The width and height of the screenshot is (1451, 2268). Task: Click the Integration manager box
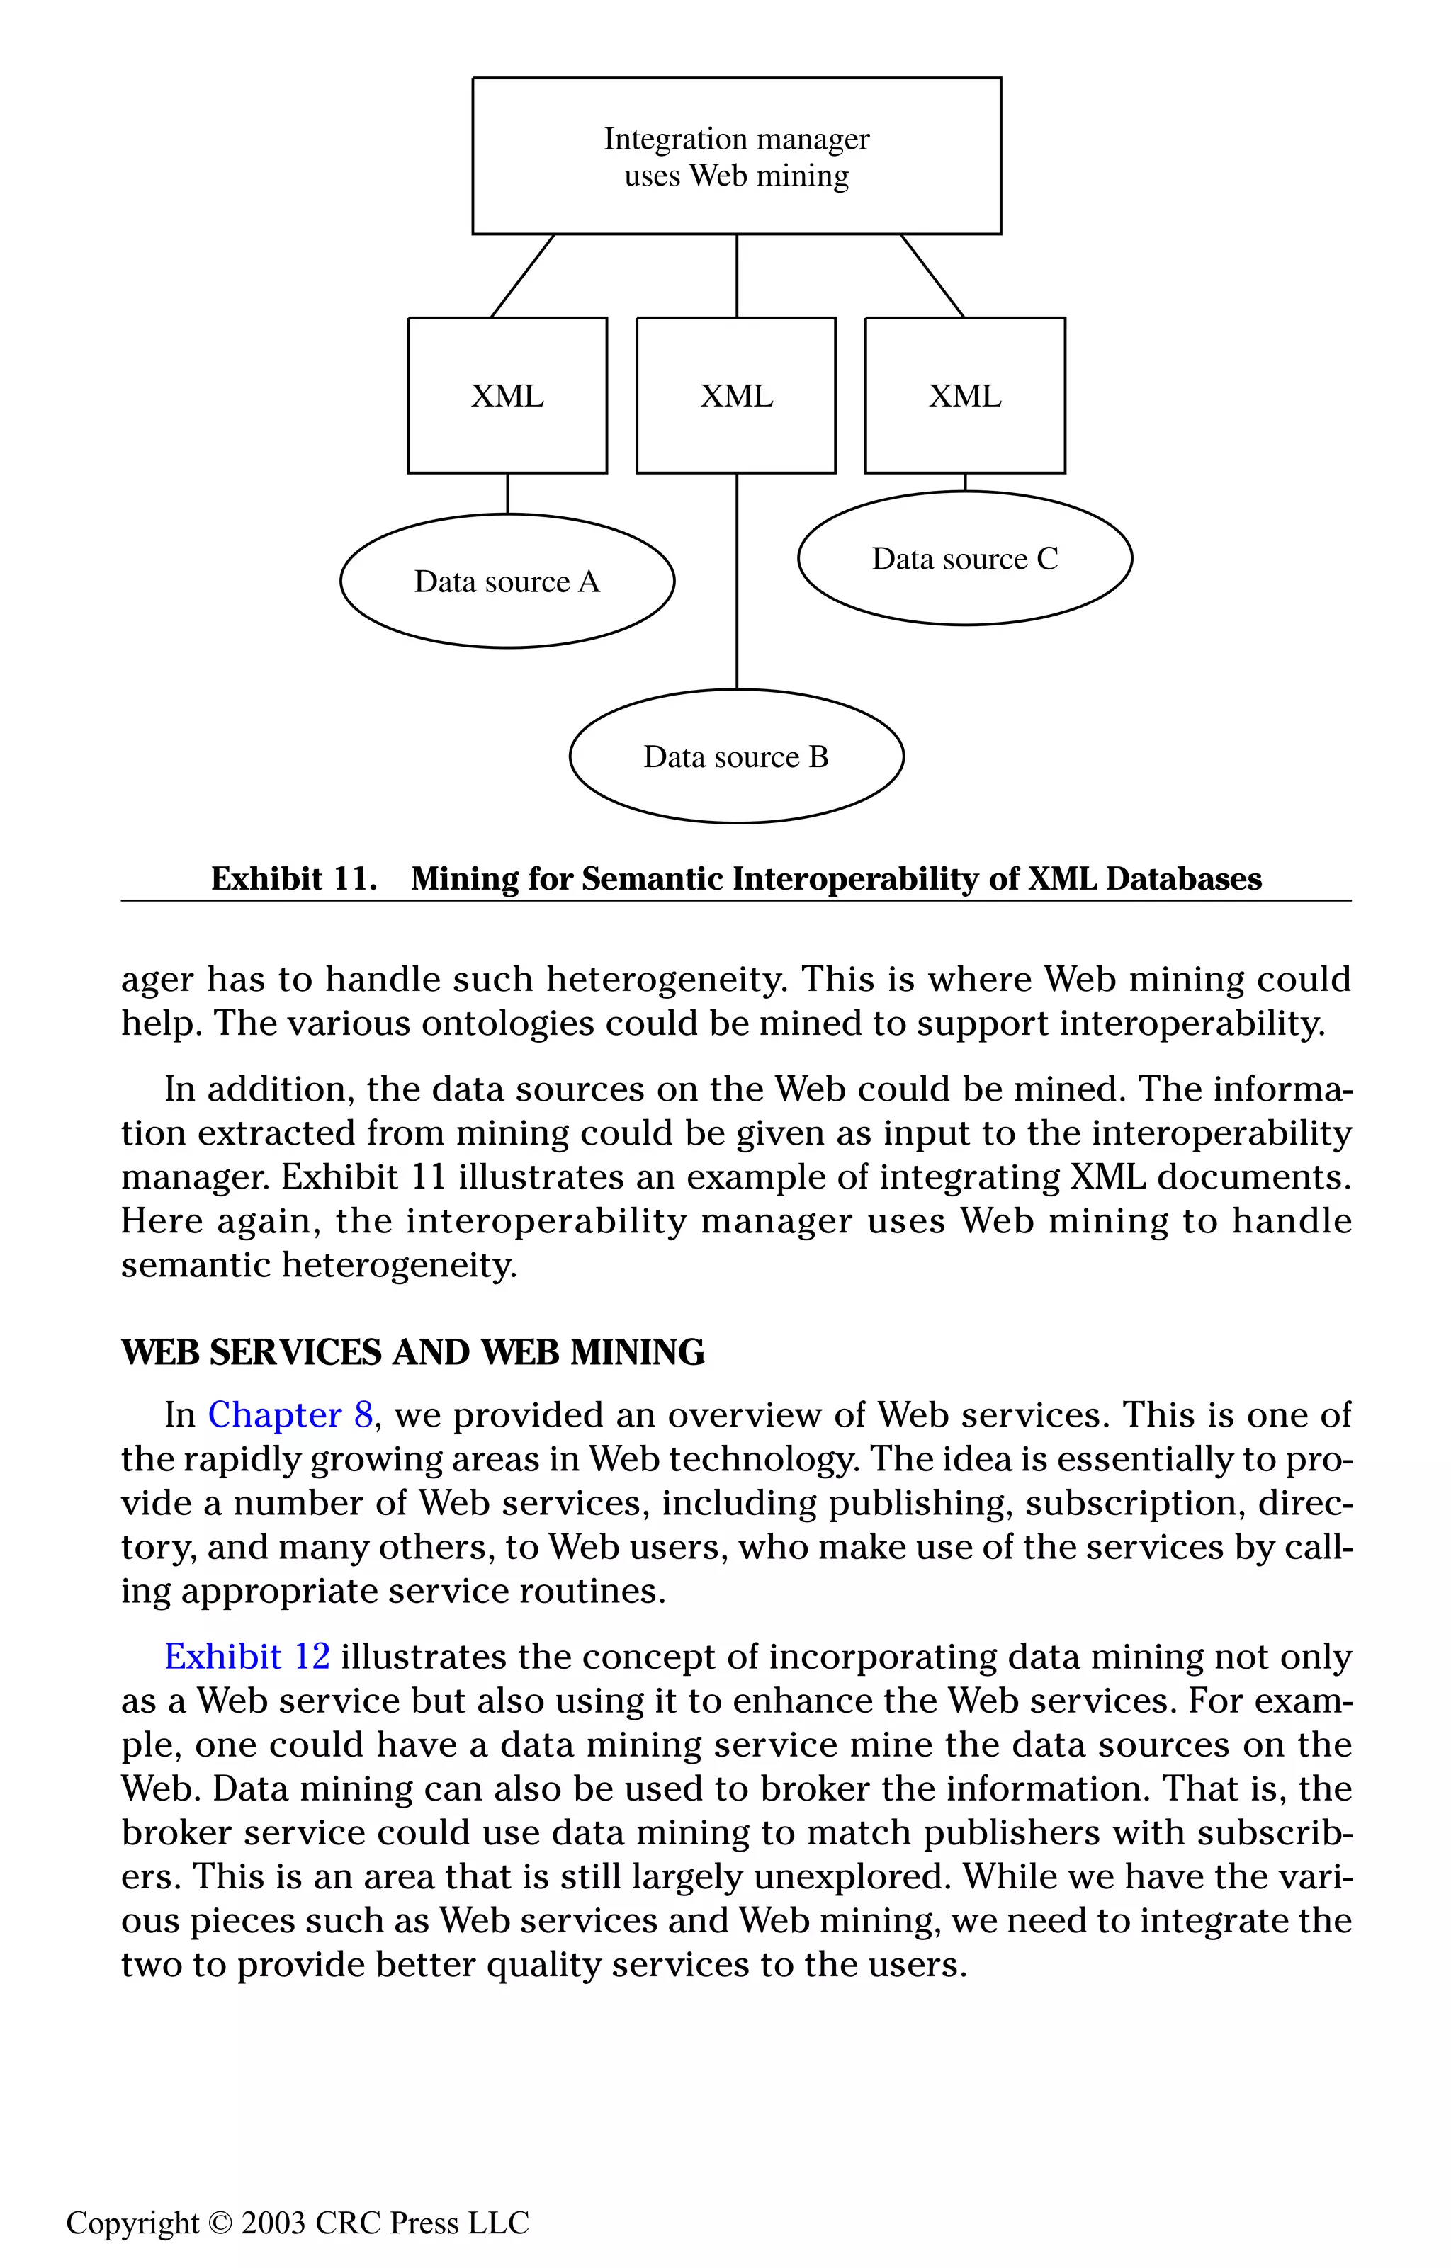(x=736, y=157)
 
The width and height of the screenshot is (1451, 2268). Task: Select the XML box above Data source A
(x=507, y=395)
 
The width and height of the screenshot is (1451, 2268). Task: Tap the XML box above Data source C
(x=965, y=395)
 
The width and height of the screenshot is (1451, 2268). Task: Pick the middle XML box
(x=736, y=395)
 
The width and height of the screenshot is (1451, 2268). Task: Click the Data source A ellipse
(x=507, y=581)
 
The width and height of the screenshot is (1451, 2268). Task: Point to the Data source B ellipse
(x=736, y=757)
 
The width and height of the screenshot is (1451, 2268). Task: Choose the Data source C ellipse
(x=965, y=559)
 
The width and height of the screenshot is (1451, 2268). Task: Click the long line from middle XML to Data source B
(x=737, y=584)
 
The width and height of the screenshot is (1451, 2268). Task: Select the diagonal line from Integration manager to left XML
(x=523, y=276)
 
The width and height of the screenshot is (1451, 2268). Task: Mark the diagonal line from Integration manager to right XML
(x=933, y=276)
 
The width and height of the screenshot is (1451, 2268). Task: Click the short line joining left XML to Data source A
(x=508, y=494)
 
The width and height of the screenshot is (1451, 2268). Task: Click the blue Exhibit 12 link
(x=247, y=1657)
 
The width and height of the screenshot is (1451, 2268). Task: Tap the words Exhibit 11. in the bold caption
(x=293, y=879)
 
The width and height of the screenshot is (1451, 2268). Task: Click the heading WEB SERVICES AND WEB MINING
(x=412, y=1352)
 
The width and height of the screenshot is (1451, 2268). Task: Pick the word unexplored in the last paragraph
(x=850, y=1877)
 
